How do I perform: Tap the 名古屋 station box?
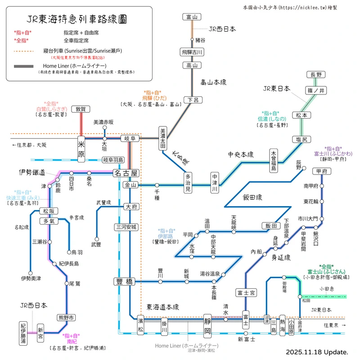point(126,173)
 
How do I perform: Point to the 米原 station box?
point(81,149)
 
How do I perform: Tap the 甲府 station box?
point(321,171)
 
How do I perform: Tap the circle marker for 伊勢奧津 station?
point(30,273)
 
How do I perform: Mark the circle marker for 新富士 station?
point(246,333)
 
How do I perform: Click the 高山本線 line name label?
point(213,82)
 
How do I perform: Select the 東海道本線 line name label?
point(163,307)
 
